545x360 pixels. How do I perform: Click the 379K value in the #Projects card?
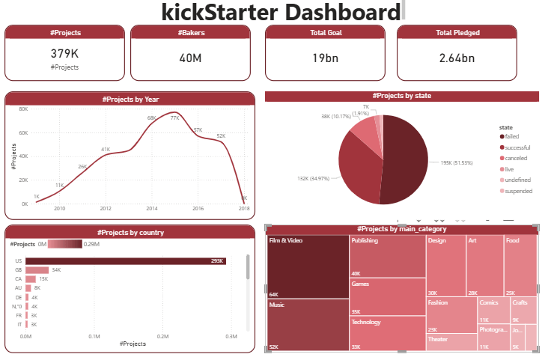[x=64, y=55]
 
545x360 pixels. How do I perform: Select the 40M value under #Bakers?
[x=190, y=58]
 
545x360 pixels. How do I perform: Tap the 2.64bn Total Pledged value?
[x=457, y=58]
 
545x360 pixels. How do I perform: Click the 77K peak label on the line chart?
[x=174, y=118]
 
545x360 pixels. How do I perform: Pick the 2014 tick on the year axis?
[x=152, y=209]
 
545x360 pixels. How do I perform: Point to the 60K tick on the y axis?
[x=23, y=132]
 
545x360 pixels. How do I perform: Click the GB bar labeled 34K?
[x=37, y=269]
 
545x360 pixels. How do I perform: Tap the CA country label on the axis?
[x=17, y=278]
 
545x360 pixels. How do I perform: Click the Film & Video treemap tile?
[x=308, y=266]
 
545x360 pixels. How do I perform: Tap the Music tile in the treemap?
[x=308, y=325]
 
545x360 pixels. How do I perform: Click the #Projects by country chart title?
[x=130, y=232]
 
